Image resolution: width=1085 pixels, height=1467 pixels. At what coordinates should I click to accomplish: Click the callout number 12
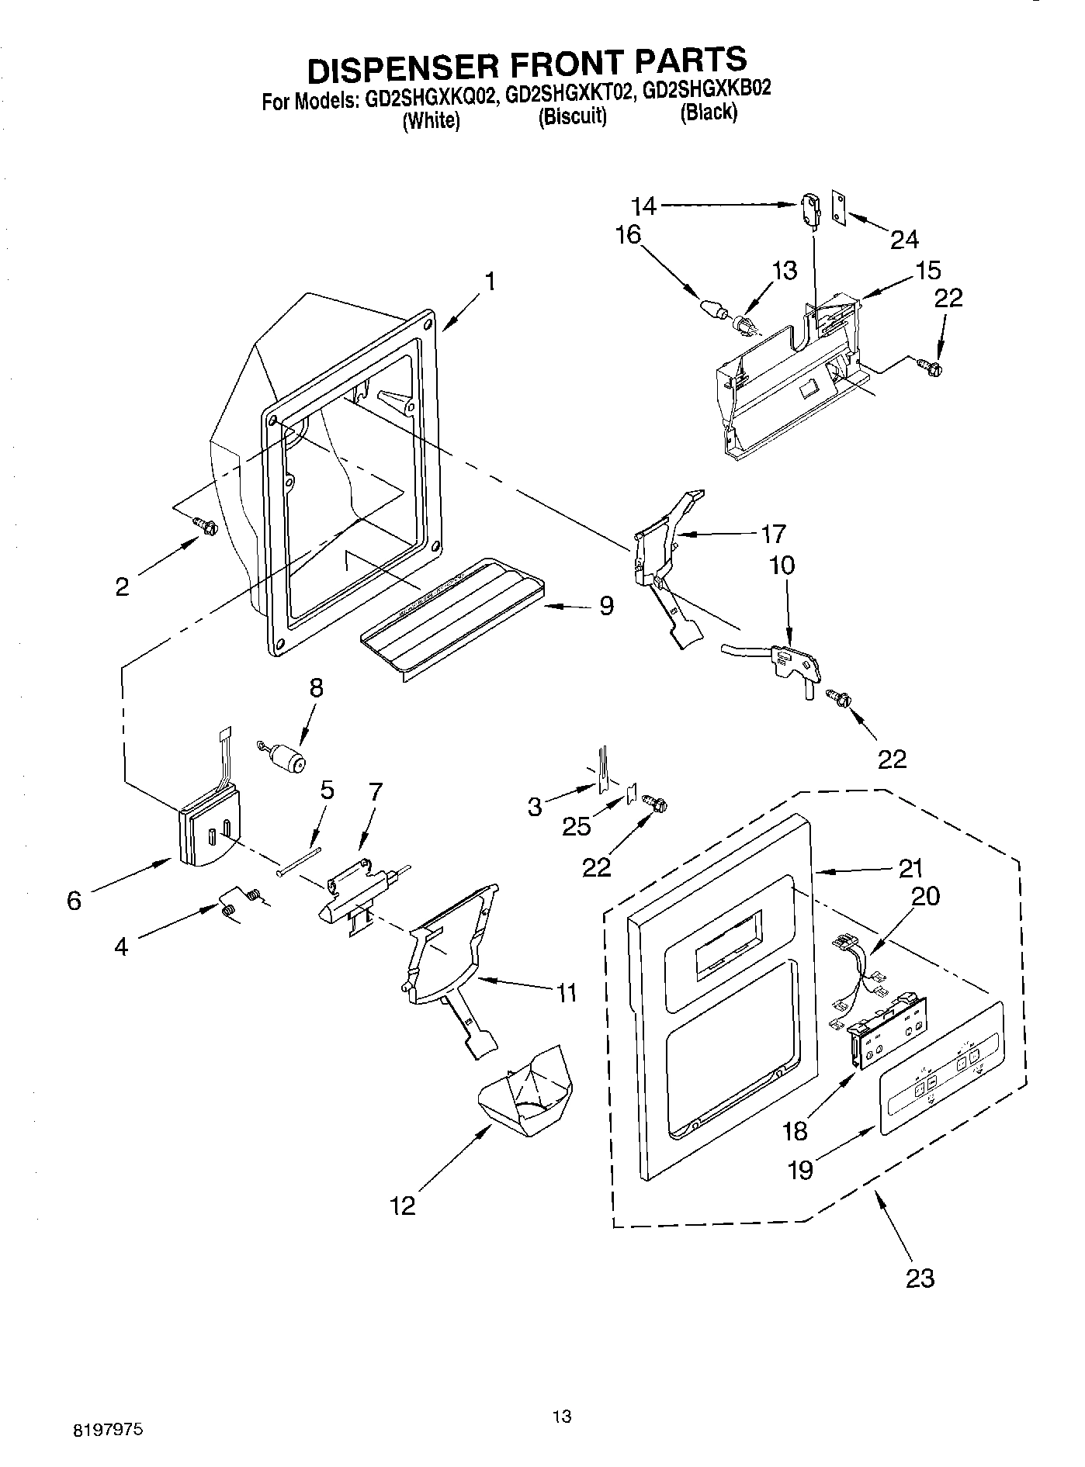coord(404,1205)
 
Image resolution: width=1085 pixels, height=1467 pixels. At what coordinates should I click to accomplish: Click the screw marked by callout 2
coord(206,526)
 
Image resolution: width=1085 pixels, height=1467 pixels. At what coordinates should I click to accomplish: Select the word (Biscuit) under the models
coord(572,117)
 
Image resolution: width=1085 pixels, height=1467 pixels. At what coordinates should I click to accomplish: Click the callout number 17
coord(773,534)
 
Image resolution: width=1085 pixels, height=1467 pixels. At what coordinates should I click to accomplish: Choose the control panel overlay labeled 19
coord(941,1067)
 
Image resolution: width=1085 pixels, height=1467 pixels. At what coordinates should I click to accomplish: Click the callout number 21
coord(910,868)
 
